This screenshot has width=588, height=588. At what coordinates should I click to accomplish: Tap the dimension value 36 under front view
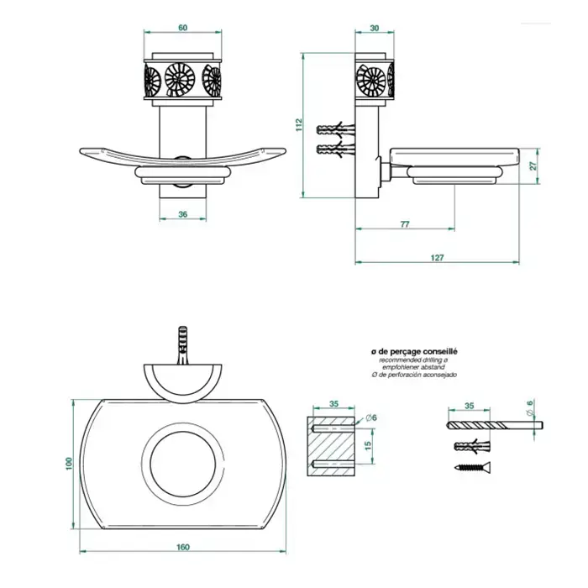point(183,214)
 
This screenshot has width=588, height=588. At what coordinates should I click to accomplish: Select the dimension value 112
point(298,124)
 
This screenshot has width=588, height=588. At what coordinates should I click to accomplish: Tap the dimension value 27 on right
point(534,166)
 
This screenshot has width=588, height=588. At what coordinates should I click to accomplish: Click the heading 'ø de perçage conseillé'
point(414,350)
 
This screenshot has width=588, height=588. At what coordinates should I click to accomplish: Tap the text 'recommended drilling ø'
point(414,359)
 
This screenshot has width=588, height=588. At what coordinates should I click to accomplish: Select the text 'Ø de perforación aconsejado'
point(414,374)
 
